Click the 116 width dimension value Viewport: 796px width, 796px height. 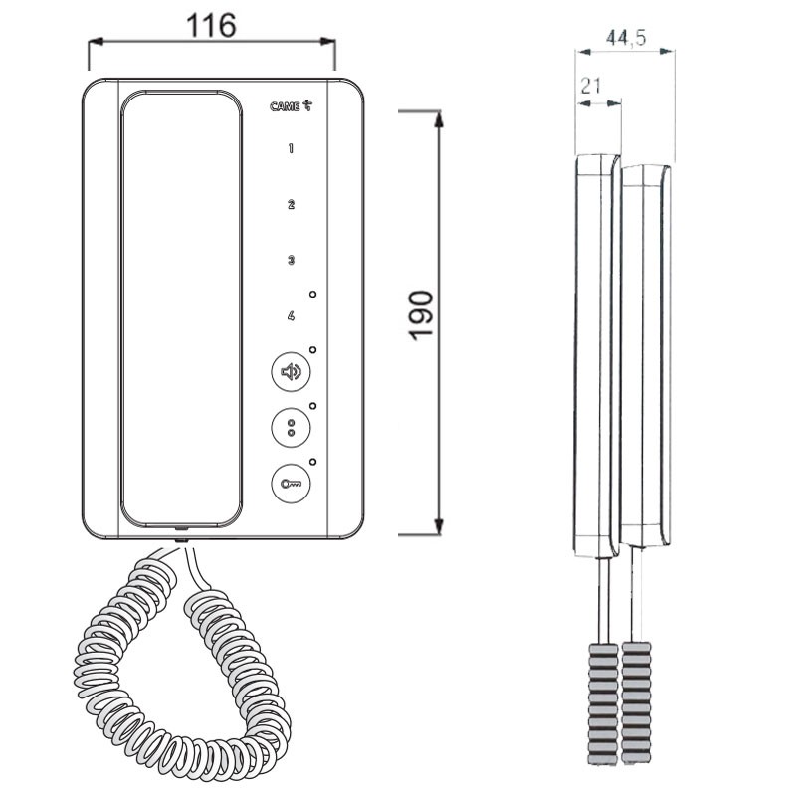tap(212, 26)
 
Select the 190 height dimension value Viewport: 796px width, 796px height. tap(421, 315)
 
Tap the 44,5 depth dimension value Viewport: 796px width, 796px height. tap(626, 38)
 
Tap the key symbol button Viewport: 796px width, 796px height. tap(291, 484)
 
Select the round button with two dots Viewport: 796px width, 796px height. tap(291, 428)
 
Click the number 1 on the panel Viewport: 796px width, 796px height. tap(291, 149)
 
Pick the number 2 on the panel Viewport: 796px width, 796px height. tap(291, 205)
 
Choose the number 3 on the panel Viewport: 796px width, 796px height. tap(291, 261)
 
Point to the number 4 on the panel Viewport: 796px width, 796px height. tap(291, 316)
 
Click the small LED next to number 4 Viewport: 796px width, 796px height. tap(312, 295)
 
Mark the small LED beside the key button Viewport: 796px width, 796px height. tap(312, 462)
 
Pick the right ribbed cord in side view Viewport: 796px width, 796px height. tap(637, 701)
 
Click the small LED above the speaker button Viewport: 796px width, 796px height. tap(312, 350)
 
